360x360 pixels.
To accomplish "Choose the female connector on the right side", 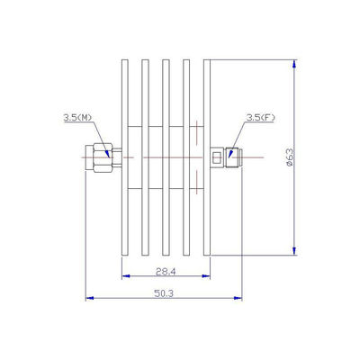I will tap(226, 157).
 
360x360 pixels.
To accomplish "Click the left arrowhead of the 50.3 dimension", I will tap(88, 299).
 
